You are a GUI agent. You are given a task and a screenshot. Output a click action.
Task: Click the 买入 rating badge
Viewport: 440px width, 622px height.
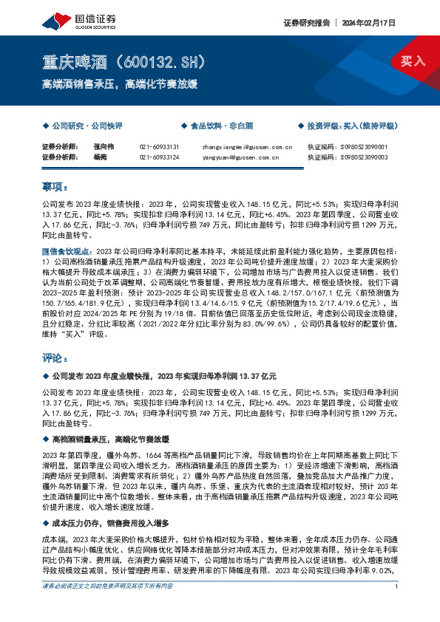tap(413, 61)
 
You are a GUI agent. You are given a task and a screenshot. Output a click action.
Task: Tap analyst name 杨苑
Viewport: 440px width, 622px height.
tap(100, 157)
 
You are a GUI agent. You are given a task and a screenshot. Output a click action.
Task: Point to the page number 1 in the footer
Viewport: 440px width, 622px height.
tap(397, 606)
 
